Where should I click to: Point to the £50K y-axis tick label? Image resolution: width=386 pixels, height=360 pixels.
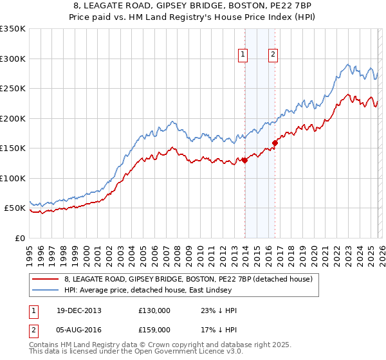14,208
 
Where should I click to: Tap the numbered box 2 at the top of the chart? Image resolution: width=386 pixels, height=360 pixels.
273,55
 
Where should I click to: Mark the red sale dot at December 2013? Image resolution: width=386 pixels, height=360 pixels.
244,161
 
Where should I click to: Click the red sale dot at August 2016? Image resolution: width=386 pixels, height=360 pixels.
275,143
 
